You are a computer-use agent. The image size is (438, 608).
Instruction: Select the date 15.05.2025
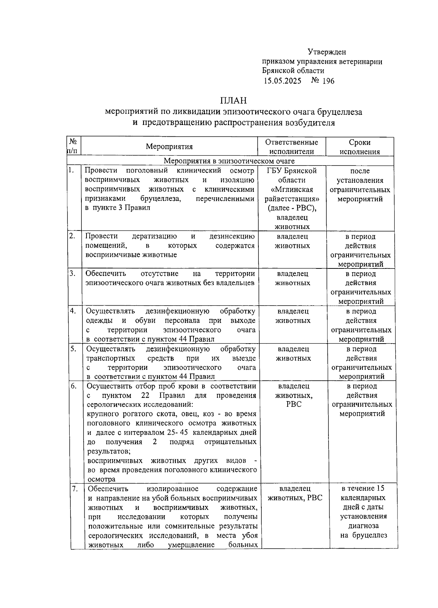(x=283, y=81)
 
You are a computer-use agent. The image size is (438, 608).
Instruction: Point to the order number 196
(x=328, y=81)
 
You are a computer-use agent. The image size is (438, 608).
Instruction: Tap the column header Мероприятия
(x=169, y=147)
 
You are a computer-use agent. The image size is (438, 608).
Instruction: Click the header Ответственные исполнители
(x=291, y=147)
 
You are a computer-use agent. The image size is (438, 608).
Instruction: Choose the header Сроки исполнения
(x=360, y=147)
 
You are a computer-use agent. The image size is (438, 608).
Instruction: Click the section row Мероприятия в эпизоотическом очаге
(x=229, y=161)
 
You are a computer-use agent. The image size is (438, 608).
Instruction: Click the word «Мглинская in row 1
(x=292, y=190)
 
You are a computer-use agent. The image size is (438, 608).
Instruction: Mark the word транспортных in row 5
(x=111, y=358)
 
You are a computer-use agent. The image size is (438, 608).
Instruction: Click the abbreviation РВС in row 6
(x=294, y=405)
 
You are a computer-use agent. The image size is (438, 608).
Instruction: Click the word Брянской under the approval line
(x=280, y=71)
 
